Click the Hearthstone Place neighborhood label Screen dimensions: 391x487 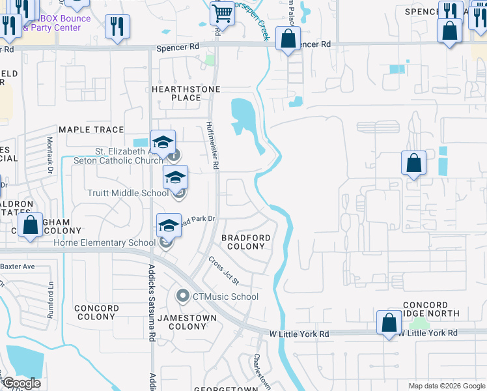[186, 93]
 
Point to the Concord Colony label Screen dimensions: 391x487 [96, 312]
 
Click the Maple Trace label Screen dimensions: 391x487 [91, 130]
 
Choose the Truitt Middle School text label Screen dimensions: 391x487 [128, 193]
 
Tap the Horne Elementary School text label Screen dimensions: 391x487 [114, 243]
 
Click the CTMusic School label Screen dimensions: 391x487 [225, 297]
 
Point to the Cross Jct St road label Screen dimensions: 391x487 [224, 270]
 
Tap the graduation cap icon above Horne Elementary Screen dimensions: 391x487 [169, 225]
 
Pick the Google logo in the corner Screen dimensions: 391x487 [21, 384]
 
